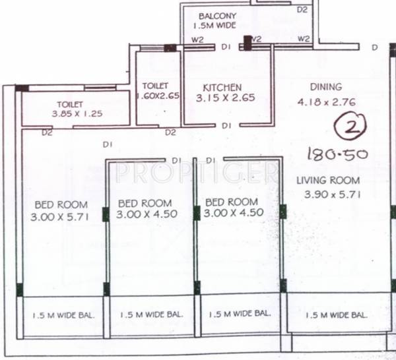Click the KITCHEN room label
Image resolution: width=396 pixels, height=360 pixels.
coord(222,87)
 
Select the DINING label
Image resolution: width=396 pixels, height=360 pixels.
coord(326,86)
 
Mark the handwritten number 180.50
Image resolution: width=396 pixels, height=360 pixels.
coord(337,155)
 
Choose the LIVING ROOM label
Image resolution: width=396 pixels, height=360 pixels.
coord(328,180)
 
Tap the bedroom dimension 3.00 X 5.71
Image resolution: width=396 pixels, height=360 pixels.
coord(59,216)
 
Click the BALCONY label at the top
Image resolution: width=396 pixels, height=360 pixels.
coord(217,16)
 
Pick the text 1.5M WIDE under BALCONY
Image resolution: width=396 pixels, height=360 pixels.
coord(214,26)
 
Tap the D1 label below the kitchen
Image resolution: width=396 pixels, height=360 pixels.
coord(226,125)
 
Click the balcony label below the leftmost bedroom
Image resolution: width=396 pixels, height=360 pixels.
coord(63,315)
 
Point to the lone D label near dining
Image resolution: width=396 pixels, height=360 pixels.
coord(374,47)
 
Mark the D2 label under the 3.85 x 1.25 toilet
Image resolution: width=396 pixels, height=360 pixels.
coord(47,133)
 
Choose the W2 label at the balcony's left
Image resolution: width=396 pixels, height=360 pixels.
coord(197,40)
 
